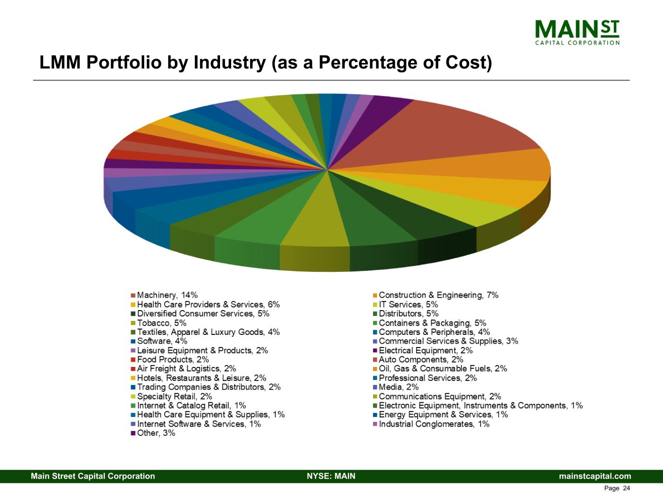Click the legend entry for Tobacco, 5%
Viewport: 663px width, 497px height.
coord(161,323)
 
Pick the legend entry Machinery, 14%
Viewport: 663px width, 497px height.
coord(167,295)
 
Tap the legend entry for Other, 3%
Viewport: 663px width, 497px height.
coord(156,433)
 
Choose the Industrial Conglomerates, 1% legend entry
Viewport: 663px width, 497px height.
coord(434,424)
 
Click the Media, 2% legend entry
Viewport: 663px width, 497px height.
coord(398,387)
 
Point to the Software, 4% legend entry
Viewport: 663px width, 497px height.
coord(162,341)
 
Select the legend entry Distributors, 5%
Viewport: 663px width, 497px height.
coord(408,314)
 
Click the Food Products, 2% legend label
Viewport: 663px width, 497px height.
coord(173,360)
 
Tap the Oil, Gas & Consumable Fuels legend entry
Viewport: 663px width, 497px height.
coord(442,369)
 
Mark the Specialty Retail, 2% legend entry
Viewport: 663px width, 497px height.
coord(174,397)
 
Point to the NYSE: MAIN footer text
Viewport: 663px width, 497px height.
coord(331,476)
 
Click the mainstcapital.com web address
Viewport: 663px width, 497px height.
coord(595,476)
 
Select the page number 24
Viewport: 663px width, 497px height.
coord(626,488)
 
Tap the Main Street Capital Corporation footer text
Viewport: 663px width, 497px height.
coord(93,476)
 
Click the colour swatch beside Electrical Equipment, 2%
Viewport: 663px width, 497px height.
coord(375,351)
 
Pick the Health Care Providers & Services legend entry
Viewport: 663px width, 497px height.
coord(208,305)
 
